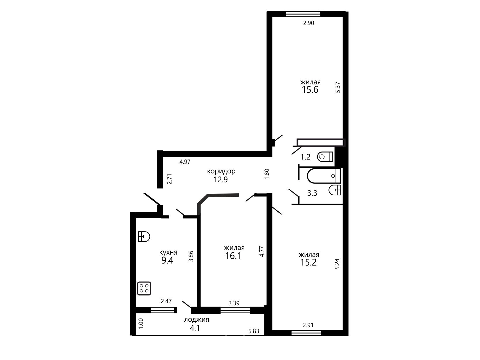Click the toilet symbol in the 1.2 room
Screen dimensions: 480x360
325,157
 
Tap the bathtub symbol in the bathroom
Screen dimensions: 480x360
324,176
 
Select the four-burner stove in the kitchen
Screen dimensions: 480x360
144,288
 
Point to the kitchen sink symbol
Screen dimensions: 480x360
144,236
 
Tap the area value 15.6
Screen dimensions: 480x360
310,90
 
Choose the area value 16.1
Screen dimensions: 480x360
233,255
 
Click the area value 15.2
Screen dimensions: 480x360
308,262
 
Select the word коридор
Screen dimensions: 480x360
221,171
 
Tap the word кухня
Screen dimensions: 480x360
168,253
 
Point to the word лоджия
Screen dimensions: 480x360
196,320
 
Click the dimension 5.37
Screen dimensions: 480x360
338,87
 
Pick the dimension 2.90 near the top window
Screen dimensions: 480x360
308,23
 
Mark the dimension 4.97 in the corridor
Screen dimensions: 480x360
185,162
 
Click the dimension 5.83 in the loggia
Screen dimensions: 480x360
254,331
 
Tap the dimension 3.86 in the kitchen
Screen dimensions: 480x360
191,256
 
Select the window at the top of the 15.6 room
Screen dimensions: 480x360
303,14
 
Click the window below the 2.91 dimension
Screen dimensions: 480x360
306,333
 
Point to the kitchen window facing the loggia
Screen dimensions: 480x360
164,310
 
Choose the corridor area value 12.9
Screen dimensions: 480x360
221,179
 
